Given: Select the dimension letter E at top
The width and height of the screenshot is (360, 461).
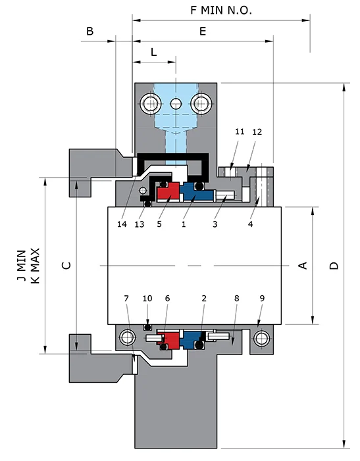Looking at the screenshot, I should [x=203, y=31].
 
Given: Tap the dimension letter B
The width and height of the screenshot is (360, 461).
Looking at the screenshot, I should [x=90, y=31].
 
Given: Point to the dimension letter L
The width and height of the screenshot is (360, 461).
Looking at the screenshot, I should [x=153, y=51].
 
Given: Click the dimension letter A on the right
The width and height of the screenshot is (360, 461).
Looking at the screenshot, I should [x=303, y=265].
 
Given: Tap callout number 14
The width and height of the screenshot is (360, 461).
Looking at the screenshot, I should [x=121, y=224].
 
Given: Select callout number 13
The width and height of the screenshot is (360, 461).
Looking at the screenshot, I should [x=140, y=224].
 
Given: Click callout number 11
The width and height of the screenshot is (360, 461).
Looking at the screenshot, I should [x=239, y=132].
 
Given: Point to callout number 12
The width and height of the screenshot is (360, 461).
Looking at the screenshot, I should [x=257, y=132].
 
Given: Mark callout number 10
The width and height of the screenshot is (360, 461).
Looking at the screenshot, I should [x=147, y=299].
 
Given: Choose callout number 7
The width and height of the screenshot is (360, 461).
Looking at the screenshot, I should [x=127, y=299].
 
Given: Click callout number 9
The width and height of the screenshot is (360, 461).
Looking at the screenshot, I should [x=263, y=299].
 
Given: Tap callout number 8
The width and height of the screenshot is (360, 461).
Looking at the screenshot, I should [x=236, y=299].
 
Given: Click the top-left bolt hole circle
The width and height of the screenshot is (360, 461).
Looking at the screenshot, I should [x=150, y=103].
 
